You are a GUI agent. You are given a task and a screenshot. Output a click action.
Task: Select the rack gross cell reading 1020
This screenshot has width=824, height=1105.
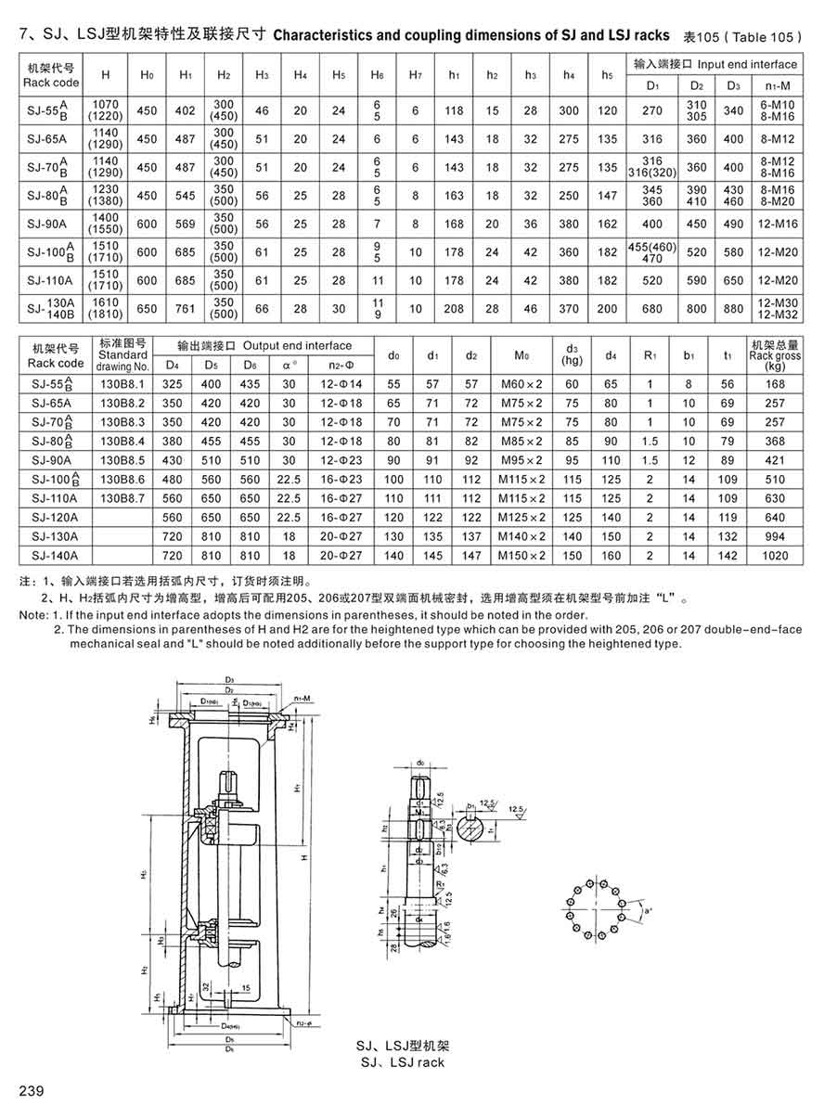coord(775,556)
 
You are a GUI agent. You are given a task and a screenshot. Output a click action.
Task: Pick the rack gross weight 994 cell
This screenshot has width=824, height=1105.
coord(775,536)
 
